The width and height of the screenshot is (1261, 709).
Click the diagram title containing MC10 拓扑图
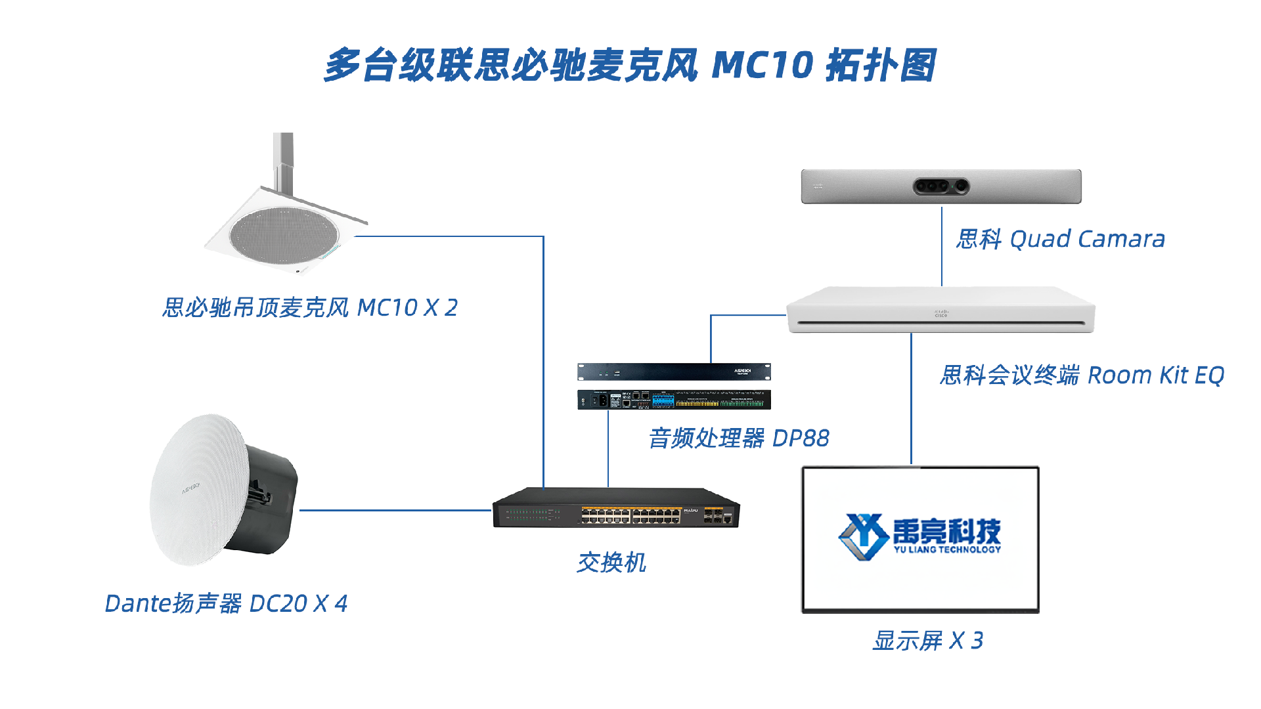(x=630, y=65)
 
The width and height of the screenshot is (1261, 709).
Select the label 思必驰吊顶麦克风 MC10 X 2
(x=309, y=307)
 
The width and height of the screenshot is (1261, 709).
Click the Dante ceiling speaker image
(x=223, y=490)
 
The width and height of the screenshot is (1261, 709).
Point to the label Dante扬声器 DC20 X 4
(x=226, y=603)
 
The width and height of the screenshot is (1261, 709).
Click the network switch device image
(x=616, y=507)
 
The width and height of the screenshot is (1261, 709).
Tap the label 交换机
(x=611, y=563)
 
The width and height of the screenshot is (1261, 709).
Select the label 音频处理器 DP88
(x=739, y=438)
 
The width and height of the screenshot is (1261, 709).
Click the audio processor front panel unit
(x=674, y=372)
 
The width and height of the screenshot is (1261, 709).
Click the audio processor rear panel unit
(x=674, y=400)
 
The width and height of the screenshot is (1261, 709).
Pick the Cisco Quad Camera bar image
(x=941, y=186)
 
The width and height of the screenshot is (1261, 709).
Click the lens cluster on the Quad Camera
(x=941, y=186)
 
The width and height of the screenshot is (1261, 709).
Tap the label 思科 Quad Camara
(x=1061, y=239)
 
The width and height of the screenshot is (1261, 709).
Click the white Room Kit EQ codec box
(x=940, y=309)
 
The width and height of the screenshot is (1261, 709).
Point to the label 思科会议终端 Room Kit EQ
(x=1082, y=375)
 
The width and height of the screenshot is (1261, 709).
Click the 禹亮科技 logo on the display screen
(x=920, y=537)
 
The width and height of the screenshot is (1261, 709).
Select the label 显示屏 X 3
(x=928, y=640)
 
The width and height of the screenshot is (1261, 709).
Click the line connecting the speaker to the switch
(x=396, y=510)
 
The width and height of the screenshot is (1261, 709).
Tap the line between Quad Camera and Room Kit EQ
(x=942, y=246)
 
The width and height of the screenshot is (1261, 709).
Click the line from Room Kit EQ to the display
(x=911, y=399)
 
